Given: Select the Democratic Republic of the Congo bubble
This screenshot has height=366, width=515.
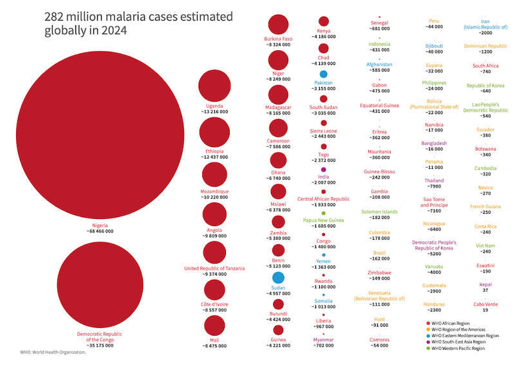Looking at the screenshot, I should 100,285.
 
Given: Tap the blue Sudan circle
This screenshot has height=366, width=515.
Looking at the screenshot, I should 278,278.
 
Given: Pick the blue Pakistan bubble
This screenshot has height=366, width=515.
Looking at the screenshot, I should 323,75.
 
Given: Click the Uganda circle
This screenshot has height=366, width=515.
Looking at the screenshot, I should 214,86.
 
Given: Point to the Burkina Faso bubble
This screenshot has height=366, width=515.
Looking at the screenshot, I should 278,24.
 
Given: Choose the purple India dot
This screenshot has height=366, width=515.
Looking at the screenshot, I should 323,169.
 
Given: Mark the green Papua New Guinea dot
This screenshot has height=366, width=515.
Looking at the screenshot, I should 323,213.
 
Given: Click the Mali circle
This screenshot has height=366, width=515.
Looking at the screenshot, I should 214,327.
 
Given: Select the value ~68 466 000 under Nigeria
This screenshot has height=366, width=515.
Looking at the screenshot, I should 100,231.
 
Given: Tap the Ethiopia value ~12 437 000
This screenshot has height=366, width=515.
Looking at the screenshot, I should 214,157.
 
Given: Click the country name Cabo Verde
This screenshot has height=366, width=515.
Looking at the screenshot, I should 485,304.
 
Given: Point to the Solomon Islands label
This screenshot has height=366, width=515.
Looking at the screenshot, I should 379,211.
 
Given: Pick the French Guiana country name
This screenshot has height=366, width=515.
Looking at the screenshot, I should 485,206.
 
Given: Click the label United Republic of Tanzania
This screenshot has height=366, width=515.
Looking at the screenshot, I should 214,268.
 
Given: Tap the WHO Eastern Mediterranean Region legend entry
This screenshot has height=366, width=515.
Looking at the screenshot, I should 465,336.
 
